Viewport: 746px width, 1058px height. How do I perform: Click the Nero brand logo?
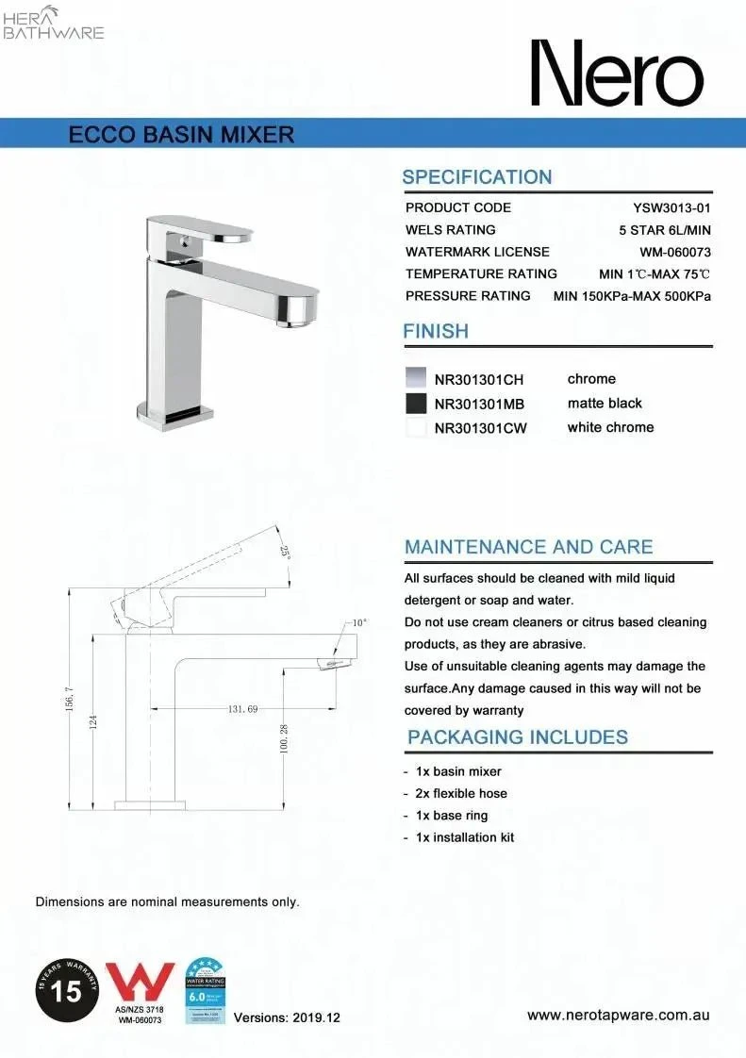click(617, 74)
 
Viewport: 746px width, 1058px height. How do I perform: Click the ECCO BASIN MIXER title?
click(182, 134)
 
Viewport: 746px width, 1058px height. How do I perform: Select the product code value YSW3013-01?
click(671, 207)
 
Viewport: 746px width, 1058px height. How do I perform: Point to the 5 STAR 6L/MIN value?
click(664, 230)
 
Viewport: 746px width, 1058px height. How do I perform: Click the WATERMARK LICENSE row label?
click(477, 252)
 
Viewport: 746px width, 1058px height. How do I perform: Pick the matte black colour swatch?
click(415, 404)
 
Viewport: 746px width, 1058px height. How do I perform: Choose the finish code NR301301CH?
click(478, 380)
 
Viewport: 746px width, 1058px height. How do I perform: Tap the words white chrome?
click(610, 427)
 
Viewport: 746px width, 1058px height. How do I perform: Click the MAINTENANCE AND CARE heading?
click(528, 547)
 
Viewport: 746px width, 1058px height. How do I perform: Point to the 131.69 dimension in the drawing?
click(242, 708)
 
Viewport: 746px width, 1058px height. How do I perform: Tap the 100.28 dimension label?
click(284, 738)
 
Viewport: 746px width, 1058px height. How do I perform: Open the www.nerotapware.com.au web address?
click(618, 1016)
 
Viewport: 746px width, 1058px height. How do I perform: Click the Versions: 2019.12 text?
click(287, 1017)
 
